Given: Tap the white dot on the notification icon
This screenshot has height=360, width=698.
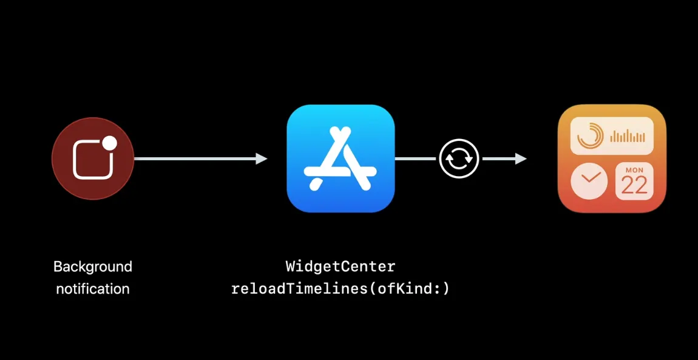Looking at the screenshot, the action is click(109, 143).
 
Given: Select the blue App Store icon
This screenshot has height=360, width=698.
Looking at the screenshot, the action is click(341, 158).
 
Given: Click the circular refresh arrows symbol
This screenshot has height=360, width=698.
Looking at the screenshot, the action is click(459, 159).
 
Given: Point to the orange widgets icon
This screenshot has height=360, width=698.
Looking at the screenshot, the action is click(612, 158).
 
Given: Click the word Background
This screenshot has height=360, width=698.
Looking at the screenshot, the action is click(93, 267).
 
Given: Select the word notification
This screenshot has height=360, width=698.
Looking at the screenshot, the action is click(93, 289).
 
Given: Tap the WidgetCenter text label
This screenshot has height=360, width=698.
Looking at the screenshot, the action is click(341, 267).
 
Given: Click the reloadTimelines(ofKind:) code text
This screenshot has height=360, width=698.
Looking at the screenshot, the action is click(341, 289).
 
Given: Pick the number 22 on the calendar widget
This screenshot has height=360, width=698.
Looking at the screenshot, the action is click(634, 185).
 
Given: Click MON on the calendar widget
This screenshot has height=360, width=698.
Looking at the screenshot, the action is click(634, 170).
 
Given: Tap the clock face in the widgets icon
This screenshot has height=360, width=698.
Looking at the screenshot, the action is click(589, 181).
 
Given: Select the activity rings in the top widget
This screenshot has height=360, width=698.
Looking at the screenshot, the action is click(589, 135).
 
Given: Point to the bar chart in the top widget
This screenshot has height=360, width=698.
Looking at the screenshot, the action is click(627, 136).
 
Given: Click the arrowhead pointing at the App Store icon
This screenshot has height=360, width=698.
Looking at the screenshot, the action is click(262, 159).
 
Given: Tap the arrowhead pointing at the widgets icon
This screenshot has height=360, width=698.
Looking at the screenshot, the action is click(520, 159).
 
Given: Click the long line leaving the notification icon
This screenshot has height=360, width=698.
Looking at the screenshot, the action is click(194, 159).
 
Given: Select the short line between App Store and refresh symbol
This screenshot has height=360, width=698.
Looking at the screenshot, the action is click(416, 159).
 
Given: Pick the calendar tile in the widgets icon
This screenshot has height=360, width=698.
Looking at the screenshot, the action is click(634, 181).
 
